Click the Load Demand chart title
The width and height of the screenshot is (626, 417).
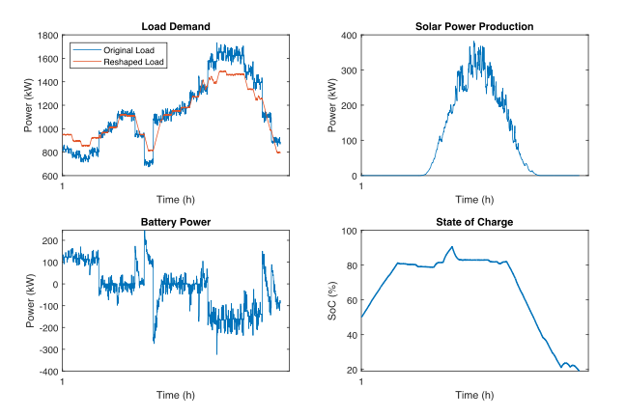coord(176,26)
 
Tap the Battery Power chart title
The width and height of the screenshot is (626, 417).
coord(176,222)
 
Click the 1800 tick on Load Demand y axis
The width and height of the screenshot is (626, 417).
coord(47,35)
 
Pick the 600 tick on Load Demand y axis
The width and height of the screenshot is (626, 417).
coord(50,176)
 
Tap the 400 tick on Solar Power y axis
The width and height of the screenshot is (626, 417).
coord(349,35)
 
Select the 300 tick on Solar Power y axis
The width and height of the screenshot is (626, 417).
coord(349,70)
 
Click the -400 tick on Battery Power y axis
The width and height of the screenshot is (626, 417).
coord(47,372)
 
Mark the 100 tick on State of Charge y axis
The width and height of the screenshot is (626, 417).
coord(349,232)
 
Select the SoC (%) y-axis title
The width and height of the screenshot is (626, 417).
coord(333,301)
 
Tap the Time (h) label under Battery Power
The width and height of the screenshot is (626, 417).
coord(176,395)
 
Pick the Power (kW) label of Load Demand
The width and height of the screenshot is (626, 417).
coord(30,105)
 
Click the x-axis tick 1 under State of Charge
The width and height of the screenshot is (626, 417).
coord(361,382)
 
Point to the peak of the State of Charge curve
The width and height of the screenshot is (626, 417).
coord(451,246)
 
